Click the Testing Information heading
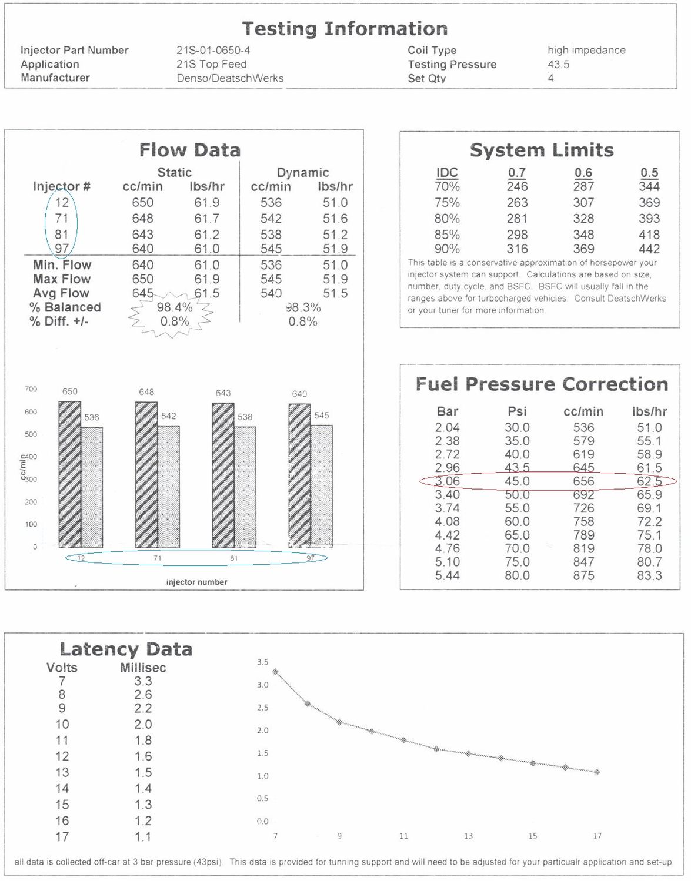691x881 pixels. click(345, 28)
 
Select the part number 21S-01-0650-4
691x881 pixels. click(213, 50)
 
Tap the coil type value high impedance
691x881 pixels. click(586, 50)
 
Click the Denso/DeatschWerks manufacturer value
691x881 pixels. click(230, 78)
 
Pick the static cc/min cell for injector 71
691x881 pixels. click(142, 218)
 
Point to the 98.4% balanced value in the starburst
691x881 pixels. click(174, 307)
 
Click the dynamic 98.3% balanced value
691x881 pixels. click(303, 307)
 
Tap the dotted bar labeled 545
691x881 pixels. click(322, 485)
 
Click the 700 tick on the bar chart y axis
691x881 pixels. click(31, 389)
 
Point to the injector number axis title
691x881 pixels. click(196, 582)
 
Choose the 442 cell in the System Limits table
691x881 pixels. click(649, 249)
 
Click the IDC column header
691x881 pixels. click(447, 172)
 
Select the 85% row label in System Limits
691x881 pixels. click(447, 235)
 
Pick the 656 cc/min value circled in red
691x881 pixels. click(583, 481)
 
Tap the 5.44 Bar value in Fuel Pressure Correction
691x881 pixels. click(447, 575)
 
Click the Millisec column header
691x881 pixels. click(143, 668)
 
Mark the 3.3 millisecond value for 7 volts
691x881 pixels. click(143, 681)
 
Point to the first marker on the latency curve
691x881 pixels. click(275, 672)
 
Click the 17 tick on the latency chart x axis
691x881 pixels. click(597, 836)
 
